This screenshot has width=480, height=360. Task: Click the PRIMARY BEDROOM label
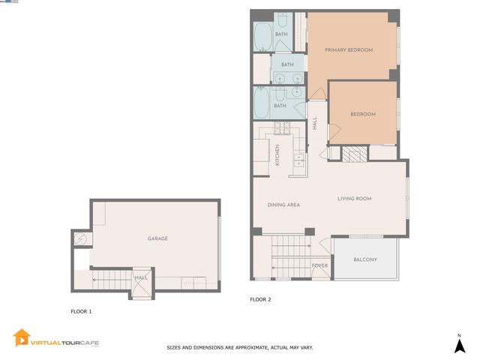pyautogui.click(x=349, y=50)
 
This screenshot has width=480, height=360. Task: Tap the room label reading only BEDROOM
pyautogui.click(x=363, y=114)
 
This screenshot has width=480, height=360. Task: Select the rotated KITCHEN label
pyautogui.click(x=277, y=154)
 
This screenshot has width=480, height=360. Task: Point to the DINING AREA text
pyautogui.click(x=284, y=205)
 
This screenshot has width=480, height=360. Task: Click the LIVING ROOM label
pyautogui.click(x=355, y=199)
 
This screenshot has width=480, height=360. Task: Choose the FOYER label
pyautogui.click(x=319, y=265)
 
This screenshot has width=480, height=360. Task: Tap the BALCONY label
pyautogui.click(x=365, y=260)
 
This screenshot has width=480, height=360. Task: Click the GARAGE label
pyautogui.click(x=157, y=238)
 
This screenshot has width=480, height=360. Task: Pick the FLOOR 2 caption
pyautogui.click(x=260, y=299)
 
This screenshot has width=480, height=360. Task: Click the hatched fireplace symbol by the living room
pyautogui.click(x=352, y=154)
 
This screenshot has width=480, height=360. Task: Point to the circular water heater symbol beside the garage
pyautogui.click(x=82, y=239)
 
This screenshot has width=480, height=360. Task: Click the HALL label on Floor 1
pyautogui.click(x=141, y=277)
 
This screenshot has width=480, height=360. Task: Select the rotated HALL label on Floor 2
pyautogui.click(x=315, y=123)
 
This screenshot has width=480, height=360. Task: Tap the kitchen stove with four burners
pyautogui.click(x=298, y=159)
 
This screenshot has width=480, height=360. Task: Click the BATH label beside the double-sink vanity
pyautogui.click(x=287, y=64)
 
